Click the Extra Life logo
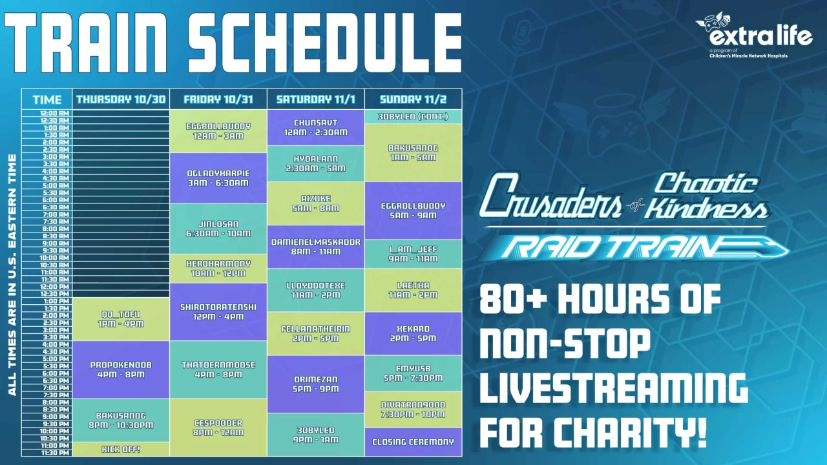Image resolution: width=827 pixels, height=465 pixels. pos(754,36)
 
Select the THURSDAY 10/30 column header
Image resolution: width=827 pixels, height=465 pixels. pos(121,99)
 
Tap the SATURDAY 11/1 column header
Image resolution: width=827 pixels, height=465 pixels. pos(315,99)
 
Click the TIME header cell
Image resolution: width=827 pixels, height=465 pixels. pos(47,99)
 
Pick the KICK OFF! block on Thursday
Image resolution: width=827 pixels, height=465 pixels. pos(121,449)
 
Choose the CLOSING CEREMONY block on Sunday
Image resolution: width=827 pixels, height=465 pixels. pos(413,442)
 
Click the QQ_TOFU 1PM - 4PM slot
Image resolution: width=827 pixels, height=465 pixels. pos(121,318)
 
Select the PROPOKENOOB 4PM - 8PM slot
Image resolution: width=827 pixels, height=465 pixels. pos(121,369)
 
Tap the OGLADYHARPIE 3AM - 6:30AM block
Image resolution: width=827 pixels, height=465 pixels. pos(218,178)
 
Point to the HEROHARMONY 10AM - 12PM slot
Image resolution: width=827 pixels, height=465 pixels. pos(218,269)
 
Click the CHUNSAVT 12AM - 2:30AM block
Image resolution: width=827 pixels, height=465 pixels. pos(315,127)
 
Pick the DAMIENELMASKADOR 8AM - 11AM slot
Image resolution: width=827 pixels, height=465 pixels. pos(315,246)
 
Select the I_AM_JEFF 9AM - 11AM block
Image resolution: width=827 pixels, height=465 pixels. pos(413,254)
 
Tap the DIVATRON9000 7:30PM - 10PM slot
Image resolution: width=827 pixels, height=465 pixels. pos(413,409)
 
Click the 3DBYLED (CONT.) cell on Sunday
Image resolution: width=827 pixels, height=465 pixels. pos(413,117)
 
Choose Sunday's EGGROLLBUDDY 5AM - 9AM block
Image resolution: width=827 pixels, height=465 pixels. pos(413,211)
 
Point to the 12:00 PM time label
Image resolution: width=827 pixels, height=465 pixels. pos(47,286)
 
